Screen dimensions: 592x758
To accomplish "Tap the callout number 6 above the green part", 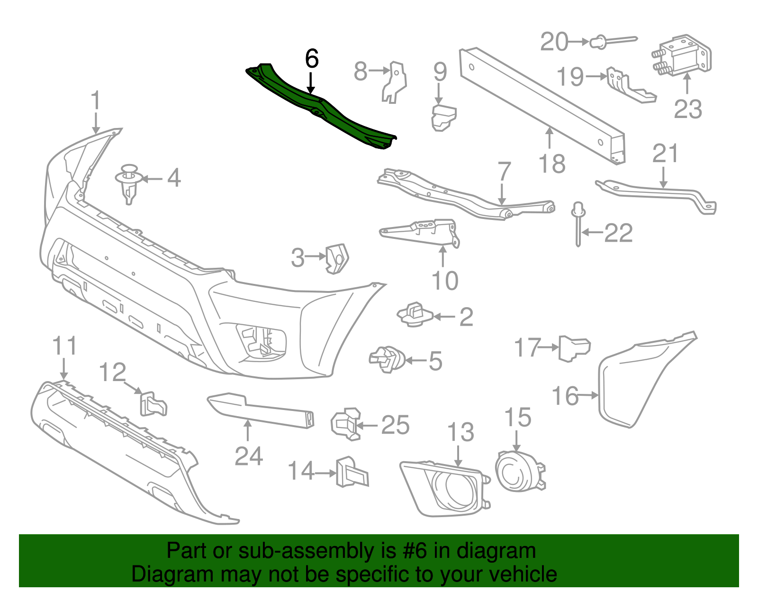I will (x=312, y=59).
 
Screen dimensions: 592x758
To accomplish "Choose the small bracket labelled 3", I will (x=337, y=258).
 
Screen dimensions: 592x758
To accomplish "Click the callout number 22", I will (x=618, y=233).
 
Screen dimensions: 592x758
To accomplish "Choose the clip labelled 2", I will (x=415, y=315).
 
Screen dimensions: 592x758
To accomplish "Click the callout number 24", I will (x=249, y=456).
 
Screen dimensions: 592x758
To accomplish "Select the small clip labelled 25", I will (x=345, y=423).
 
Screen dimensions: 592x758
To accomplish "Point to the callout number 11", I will (x=64, y=346).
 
